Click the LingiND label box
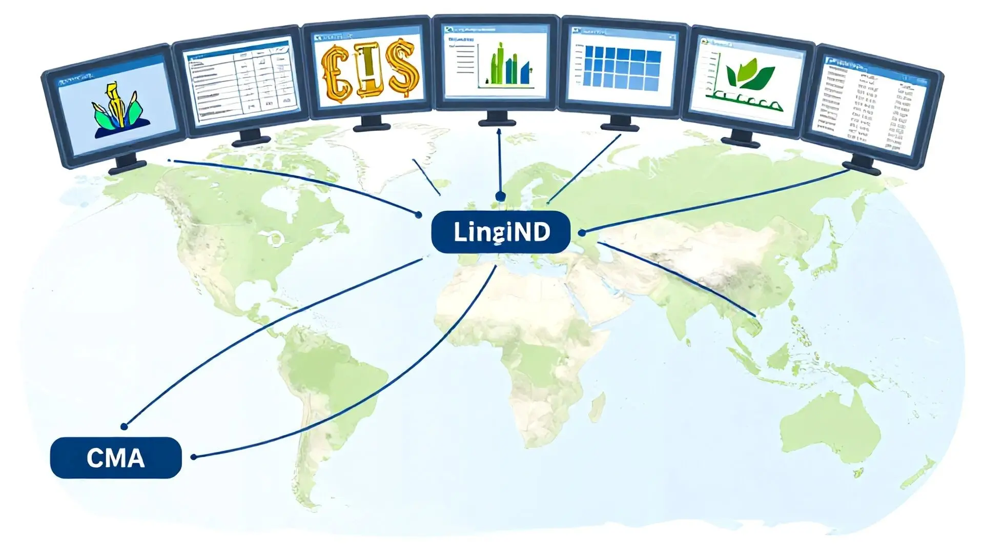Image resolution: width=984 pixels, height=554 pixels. click(x=501, y=232)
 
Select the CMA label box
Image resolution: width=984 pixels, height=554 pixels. click(x=116, y=458)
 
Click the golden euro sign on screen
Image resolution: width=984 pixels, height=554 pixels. click(x=336, y=72)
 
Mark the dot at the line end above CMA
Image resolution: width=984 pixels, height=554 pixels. click(x=124, y=426)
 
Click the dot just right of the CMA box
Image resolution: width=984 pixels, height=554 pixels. click(x=194, y=457)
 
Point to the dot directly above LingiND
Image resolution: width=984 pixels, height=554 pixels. click(x=500, y=196)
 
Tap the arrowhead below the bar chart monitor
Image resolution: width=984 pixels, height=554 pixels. click(x=499, y=131)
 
